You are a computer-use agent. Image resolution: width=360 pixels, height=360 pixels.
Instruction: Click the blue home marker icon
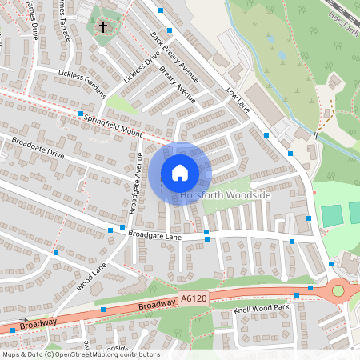coord(180,173)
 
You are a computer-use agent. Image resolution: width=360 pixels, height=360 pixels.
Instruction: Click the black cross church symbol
coord(102,27)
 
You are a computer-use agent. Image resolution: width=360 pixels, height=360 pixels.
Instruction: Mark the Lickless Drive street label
coord(141,69)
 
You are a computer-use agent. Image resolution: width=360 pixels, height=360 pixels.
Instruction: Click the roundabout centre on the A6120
coord(338,291)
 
